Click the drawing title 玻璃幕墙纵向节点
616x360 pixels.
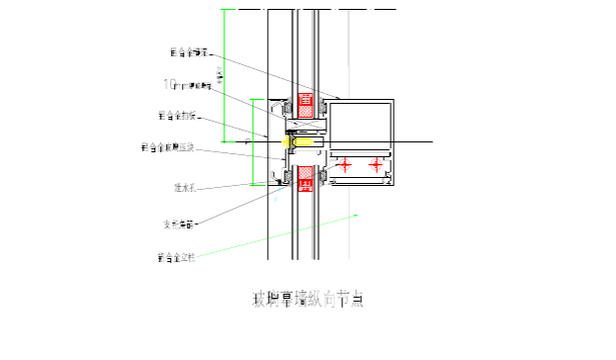[x=308, y=299]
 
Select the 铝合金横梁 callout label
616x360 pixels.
[x=188, y=52]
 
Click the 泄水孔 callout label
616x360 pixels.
[x=187, y=186]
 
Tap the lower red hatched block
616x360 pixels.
[x=306, y=178]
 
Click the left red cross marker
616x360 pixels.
[x=343, y=165]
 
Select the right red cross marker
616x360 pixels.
[x=376, y=165]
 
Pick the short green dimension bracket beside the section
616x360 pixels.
[x=254, y=141]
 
